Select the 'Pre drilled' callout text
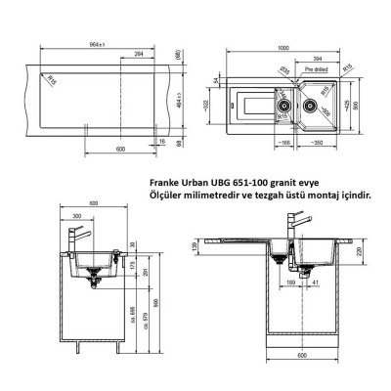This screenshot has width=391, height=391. pos(316,70)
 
